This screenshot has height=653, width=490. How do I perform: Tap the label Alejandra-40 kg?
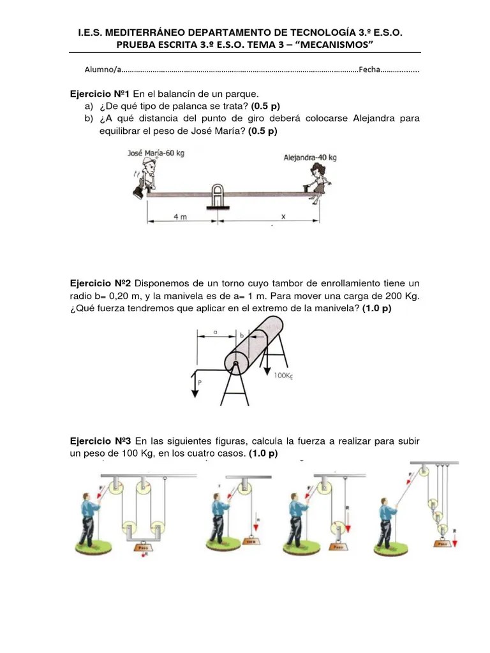point(310,157)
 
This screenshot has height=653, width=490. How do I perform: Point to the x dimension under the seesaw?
point(283,216)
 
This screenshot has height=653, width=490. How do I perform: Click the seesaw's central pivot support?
point(218,196)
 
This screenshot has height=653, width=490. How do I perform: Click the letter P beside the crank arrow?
point(200,383)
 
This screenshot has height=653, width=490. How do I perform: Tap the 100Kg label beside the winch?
point(283,376)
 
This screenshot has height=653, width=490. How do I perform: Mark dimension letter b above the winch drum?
point(241,334)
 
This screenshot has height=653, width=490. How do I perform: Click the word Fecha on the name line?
point(369,70)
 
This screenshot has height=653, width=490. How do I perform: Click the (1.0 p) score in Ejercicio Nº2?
point(376,308)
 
